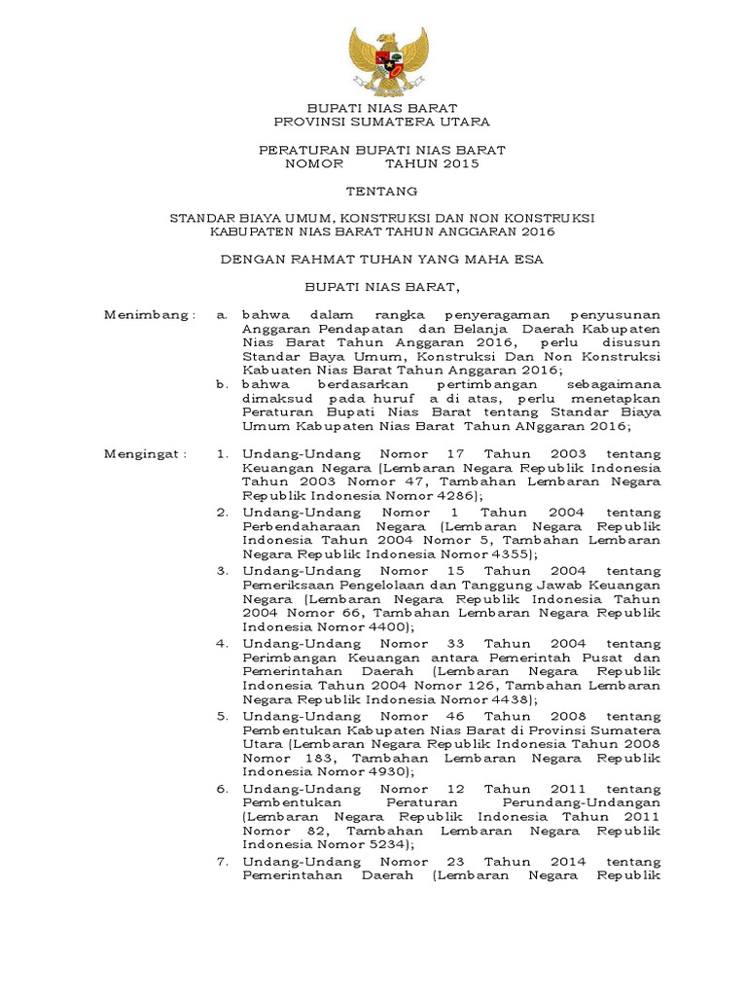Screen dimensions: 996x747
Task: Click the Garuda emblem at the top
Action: (x=388, y=60)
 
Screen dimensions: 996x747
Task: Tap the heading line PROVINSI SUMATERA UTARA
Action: (x=381, y=123)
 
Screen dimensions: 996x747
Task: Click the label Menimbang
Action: (x=150, y=315)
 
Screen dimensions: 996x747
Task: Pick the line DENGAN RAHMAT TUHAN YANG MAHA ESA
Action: (x=381, y=260)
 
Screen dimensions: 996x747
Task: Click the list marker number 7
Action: (x=223, y=862)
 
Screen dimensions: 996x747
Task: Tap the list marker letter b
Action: (x=223, y=384)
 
